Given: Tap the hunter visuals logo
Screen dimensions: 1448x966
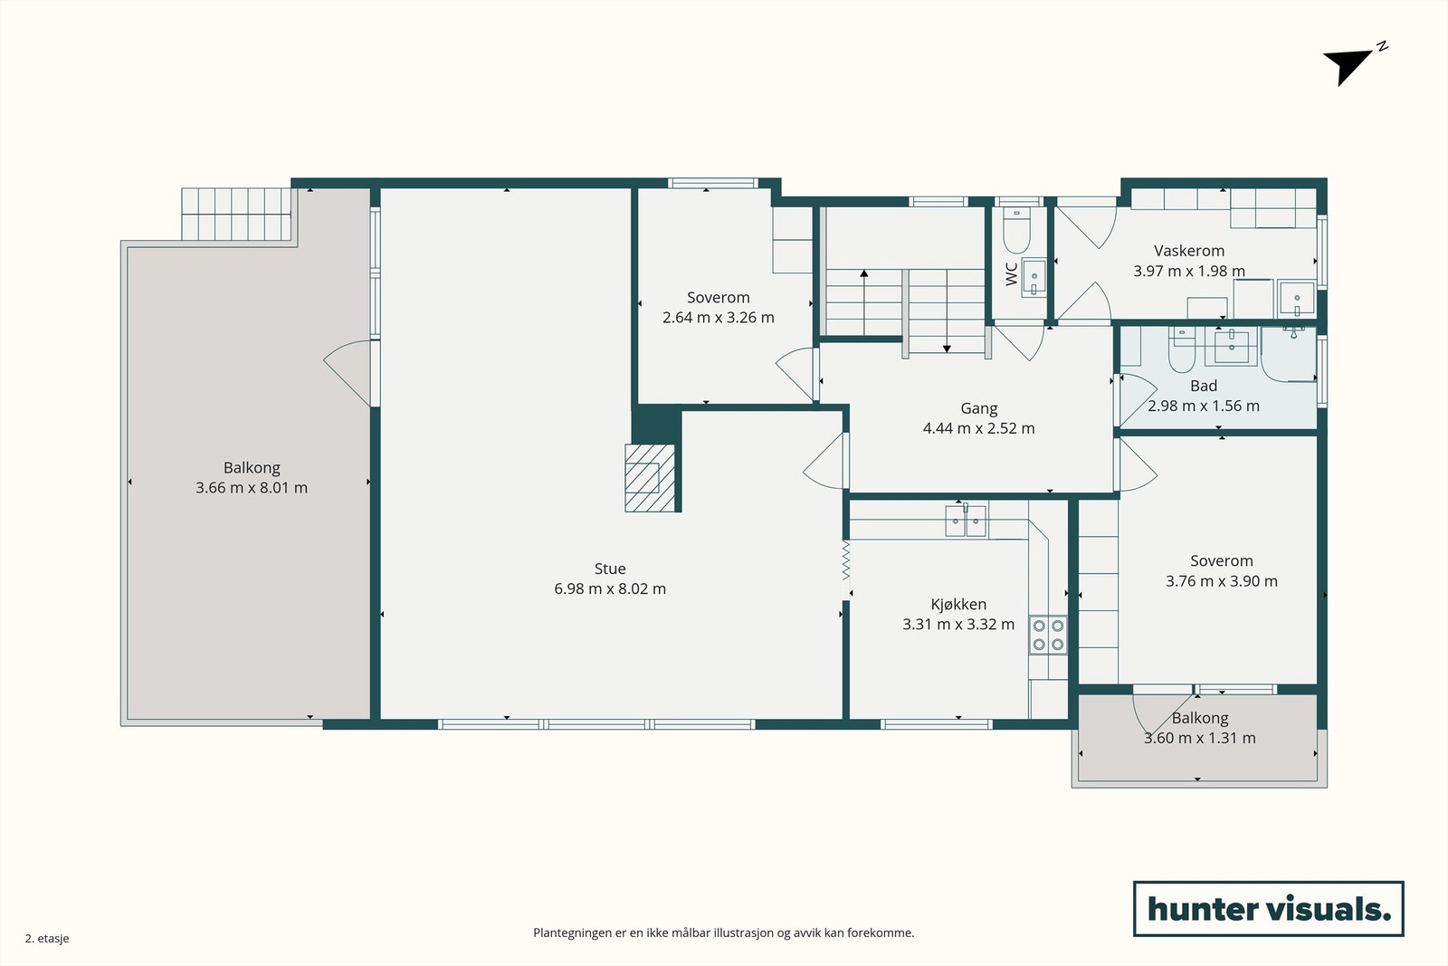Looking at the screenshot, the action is click(1268, 908).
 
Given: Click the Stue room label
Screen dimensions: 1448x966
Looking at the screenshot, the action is click(610, 569).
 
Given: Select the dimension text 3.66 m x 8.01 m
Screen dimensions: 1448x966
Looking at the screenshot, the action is click(252, 487).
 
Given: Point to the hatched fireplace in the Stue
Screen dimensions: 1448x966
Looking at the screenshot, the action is click(650, 478).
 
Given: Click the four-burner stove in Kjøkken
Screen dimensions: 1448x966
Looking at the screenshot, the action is click(1048, 635).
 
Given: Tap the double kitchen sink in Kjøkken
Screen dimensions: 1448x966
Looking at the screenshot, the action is click(966, 521).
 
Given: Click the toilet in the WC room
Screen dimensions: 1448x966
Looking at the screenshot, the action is click(1016, 230).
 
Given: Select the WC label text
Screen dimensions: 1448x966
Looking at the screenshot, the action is click(1012, 273).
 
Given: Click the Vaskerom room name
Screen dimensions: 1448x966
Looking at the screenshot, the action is click(1189, 250).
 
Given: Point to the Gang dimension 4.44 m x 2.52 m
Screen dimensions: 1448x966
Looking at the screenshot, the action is click(978, 428).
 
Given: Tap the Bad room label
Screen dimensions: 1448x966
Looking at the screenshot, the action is click(1203, 386).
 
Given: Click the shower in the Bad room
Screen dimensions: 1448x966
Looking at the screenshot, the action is click(1289, 354).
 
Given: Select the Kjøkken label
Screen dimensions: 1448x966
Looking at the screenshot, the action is click(958, 604).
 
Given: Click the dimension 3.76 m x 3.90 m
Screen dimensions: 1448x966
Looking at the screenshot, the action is click(1221, 580).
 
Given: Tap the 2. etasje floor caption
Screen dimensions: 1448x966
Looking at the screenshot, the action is click(47, 938).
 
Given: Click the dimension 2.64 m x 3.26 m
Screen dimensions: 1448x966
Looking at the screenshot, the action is click(719, 318).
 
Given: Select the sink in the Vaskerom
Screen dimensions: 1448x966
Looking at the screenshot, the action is click(1297, 298).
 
